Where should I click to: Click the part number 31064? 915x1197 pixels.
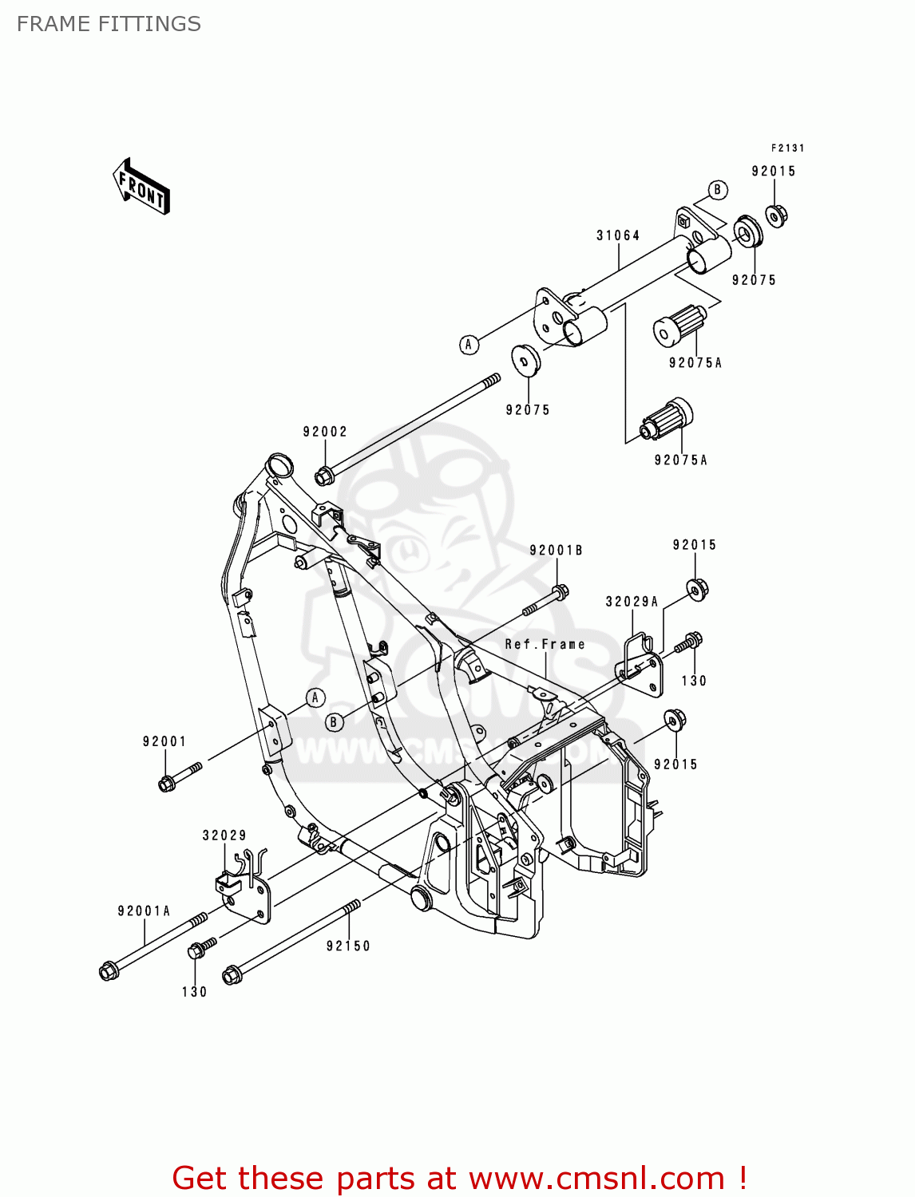(618, 235)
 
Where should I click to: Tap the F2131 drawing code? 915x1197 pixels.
(787, 148)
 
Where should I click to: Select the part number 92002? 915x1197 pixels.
(325, 432)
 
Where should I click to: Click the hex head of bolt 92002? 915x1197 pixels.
(323, 476)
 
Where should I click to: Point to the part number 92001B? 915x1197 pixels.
(556, 551)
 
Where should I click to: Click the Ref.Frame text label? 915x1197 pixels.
(545, 644)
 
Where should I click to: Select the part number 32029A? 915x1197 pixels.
(632, 602)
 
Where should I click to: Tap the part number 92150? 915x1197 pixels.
(348, 946)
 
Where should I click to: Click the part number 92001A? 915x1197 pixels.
(144, 911)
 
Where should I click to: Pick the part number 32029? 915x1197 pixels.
(224, 836)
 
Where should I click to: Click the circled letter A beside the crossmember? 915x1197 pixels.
(469, 345)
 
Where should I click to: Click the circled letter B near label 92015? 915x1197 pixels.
(717, 190)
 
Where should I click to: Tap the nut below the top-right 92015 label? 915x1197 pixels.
(776, 215)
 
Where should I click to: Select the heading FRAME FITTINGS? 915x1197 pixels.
(109, 24)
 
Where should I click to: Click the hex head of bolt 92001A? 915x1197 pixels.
(109, 971)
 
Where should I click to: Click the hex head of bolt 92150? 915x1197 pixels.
(232, 975)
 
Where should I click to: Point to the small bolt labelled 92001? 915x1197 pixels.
(180, 776)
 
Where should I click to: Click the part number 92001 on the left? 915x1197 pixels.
(164, 741)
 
